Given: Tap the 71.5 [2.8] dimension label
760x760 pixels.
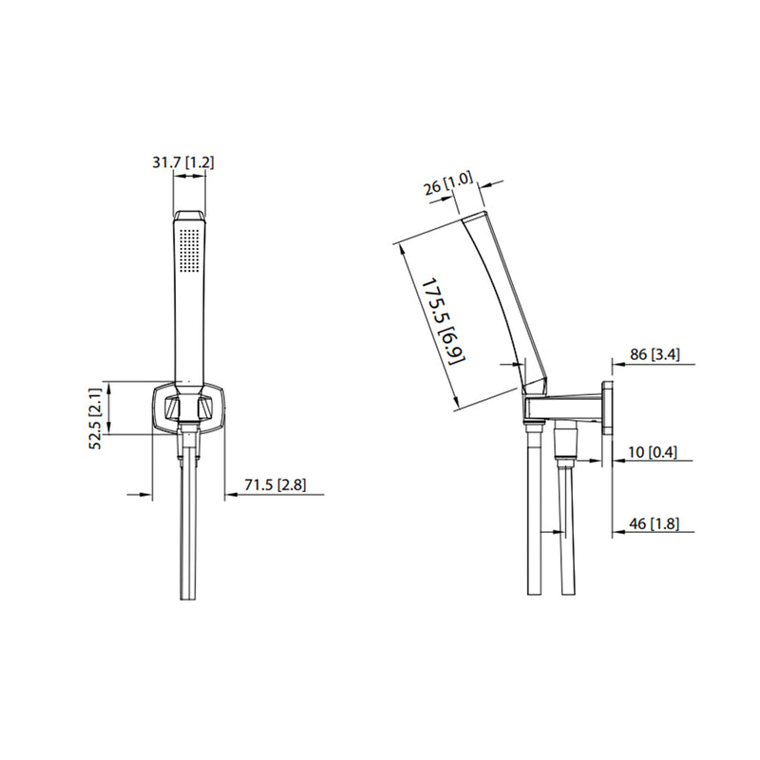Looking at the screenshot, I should click(x=275, y=485).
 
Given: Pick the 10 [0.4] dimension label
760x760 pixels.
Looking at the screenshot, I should click(x=654, y=453).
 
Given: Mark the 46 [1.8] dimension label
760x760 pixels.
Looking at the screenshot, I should click(x=654, y=523).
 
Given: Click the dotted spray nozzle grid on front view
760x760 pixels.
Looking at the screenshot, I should click(x=190, y=251).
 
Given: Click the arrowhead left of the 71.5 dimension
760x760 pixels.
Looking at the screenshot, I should click(x=147, y=494).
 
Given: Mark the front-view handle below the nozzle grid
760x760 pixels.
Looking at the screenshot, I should click(x=189, y=332).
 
